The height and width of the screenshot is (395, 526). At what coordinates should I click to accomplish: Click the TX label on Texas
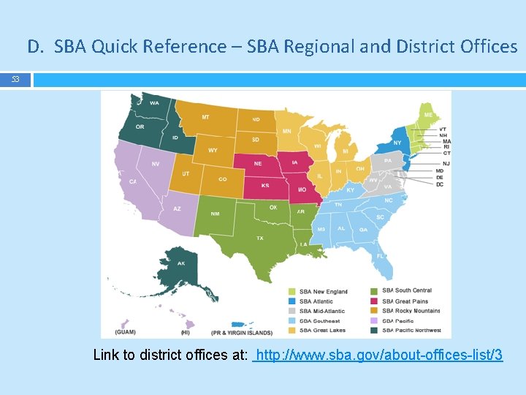pyautogui.click(x=259, y=238)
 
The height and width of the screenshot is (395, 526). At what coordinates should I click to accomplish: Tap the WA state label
pyautogui.click(x=154, y=103)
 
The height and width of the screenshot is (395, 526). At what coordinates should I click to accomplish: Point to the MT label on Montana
pyautogui.click(x=205, y=117)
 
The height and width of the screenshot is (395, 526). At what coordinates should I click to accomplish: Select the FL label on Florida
pyautogui.click(x=380, y=256)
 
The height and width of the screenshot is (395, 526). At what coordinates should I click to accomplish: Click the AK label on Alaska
pyautogui.click(x=181, y=263)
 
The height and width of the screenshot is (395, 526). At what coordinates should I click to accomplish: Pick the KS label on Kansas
pyautogui.click(x=265, y=185)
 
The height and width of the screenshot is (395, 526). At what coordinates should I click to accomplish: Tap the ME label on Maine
pyautogui.click(x=428, y=116)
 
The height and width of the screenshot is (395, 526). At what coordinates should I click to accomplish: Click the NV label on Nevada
pyautogui.click(x=156, y=164)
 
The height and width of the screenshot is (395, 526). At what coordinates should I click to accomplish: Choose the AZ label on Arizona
pyautogui.click(x=177, y=208)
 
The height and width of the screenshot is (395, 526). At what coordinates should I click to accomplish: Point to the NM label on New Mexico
pyautogui.click(x=216, y=214)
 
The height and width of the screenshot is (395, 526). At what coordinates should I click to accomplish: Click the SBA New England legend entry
pyautogui.click(x=323, y=291)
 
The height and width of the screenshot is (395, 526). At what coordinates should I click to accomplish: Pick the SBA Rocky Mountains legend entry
pyautogui.click(x=411, y=311)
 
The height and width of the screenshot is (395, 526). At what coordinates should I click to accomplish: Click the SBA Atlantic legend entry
pyautogui.click(x=316, y=301)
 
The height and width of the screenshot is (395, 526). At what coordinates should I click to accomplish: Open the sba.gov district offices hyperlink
pyautogui.click(x=377, y=355)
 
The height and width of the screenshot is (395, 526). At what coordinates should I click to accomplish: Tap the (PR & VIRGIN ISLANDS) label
pyautogui.click(x=241, y=332)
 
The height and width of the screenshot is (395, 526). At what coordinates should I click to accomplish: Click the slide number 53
pyautogui.click(x=15, y=78)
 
